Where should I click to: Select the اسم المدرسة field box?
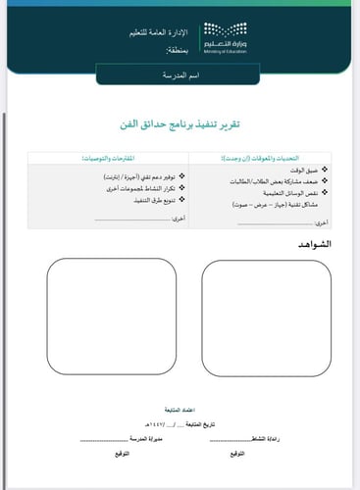[x=179, y=74]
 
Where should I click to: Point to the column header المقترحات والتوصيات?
[x=105, y=157]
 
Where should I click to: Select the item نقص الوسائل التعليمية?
[x=284, y=194]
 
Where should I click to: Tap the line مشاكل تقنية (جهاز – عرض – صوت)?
[x=274, y=205]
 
